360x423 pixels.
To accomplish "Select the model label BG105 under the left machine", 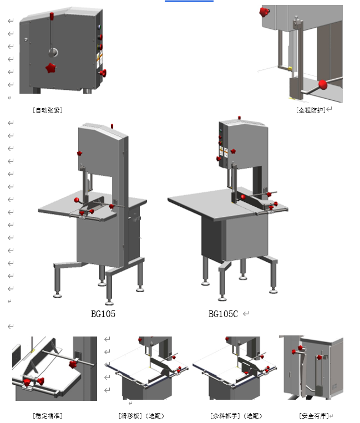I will [x=103, y=314].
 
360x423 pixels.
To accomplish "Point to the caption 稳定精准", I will [x=47, y=415].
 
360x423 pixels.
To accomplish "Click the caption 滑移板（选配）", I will [x=141, y=415].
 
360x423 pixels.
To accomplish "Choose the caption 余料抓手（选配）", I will [x=236, y=415].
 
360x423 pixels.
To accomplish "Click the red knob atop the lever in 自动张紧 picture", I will [x=52, y=16].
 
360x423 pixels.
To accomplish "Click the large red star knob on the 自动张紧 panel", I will [x=51, y=68].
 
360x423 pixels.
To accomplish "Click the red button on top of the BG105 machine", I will [x=113, y=126].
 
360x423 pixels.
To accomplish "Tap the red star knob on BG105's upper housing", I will [x=79, y=153].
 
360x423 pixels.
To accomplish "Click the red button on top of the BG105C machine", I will [x=239, y=118].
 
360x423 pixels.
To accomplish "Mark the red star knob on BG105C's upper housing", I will [x=234, y=151].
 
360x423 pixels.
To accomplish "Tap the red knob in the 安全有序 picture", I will [x=301, y=348].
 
